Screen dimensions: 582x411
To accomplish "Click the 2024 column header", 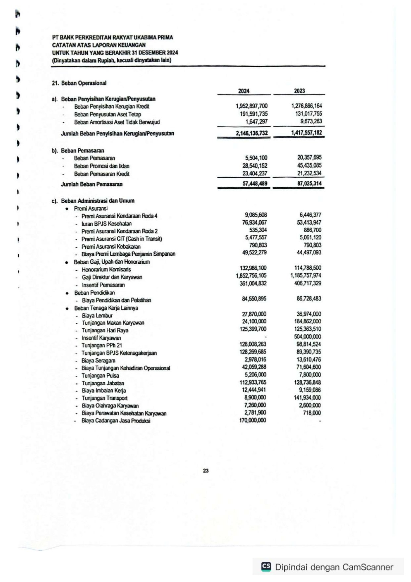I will click(244, 91).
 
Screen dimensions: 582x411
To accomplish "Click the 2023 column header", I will click(299, 91).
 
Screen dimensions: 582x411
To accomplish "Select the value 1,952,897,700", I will click(252, 106).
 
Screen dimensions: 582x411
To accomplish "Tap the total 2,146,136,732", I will click(252, 133).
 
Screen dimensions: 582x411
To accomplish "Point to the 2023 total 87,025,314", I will click(309, 184).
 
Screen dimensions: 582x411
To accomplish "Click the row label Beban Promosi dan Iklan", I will click(101, 166).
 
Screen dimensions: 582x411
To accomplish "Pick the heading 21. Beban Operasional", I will click(79, 83).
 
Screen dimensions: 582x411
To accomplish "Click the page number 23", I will click(206, 471).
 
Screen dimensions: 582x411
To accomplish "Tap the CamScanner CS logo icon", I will click(266, 566).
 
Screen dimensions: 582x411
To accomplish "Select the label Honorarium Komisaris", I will click(106, 270).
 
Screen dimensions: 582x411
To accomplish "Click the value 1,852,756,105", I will click(251, 276).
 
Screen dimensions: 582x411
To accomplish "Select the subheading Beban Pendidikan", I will click(94, 293).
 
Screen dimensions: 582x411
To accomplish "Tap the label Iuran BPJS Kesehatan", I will click(106, 224).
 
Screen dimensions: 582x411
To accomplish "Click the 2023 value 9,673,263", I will click(311, 121).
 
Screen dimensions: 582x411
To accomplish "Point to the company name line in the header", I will click(112, 37).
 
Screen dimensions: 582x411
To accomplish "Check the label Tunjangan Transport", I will click(104, 398).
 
